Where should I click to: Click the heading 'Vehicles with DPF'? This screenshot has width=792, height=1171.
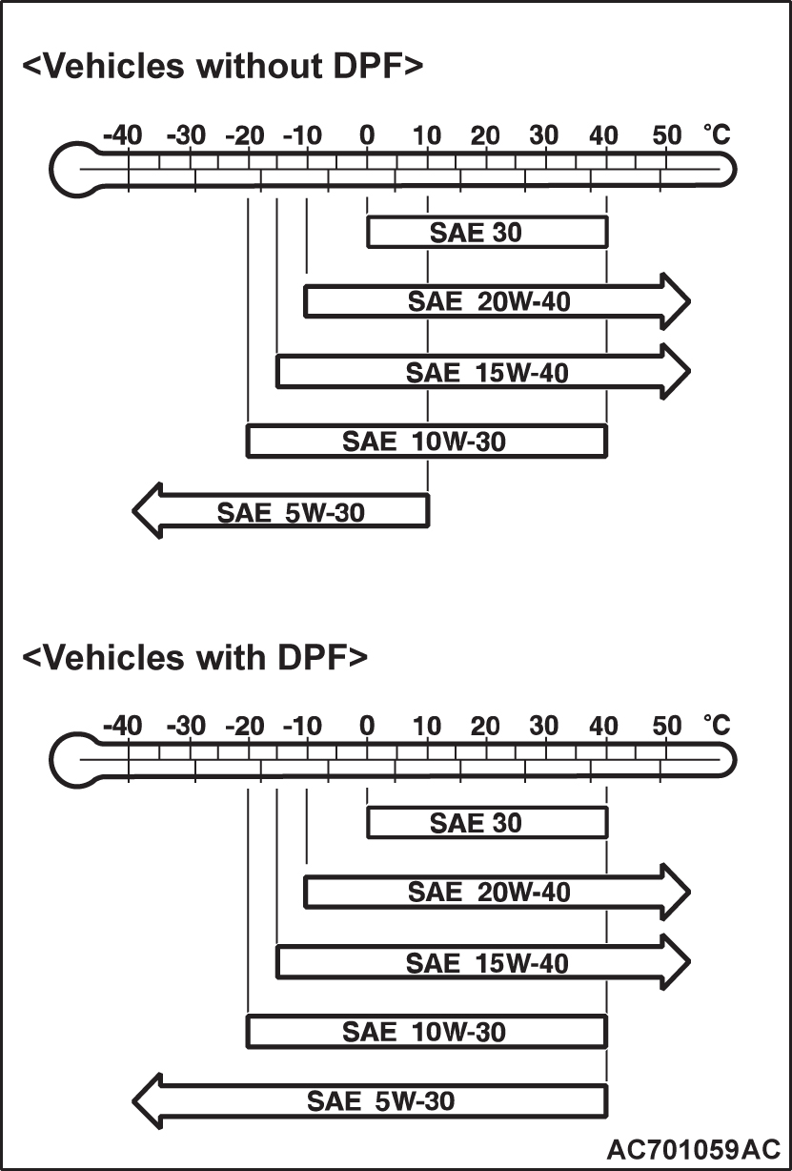193,657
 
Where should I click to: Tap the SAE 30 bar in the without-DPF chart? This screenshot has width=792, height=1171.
486,233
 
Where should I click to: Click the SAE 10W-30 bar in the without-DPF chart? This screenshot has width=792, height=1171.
426,441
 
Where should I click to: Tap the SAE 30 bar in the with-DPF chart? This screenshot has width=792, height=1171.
486,823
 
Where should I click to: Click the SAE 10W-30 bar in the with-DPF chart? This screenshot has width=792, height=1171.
426,1031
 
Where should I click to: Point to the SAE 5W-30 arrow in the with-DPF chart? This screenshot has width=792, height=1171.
376,1101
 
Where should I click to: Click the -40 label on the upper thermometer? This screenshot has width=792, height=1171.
122,135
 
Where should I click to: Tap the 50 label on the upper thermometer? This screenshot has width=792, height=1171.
667,135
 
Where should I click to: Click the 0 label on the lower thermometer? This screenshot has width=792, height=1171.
367,727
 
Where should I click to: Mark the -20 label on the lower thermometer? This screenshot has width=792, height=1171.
245,727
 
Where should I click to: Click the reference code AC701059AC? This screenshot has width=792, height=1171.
693,1147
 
